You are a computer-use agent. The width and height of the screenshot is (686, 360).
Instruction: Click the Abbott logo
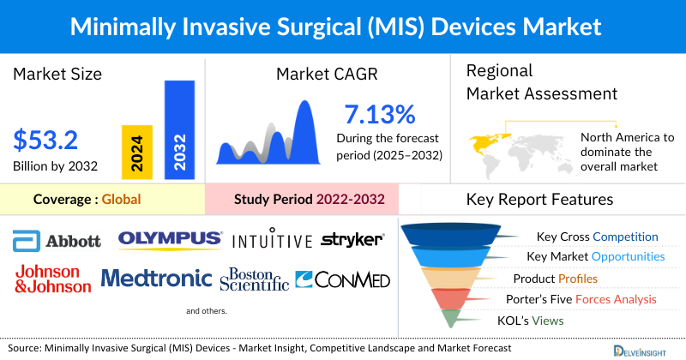57,241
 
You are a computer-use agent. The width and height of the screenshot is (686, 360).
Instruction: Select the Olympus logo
170,239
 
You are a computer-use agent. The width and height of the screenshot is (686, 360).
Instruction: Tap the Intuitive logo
272,240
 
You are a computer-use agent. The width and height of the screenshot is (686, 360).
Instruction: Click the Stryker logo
352,240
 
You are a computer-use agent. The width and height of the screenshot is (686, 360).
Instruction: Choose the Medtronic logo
156,278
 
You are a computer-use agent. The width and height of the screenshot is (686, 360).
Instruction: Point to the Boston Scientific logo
255,279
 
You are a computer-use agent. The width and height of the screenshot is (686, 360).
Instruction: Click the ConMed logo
342,279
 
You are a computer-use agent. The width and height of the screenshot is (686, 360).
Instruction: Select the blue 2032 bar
180,129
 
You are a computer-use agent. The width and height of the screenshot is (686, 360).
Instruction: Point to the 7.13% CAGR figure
380,114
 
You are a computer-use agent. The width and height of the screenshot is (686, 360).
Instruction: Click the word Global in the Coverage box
121,200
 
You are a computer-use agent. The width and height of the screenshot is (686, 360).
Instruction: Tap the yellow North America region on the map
486,139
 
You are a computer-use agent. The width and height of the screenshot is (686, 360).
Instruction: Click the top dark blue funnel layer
452,236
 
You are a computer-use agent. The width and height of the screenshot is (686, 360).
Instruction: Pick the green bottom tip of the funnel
452,320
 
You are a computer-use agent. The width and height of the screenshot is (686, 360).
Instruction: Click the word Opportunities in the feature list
624,256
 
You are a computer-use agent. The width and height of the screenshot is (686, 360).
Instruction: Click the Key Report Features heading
539,200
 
